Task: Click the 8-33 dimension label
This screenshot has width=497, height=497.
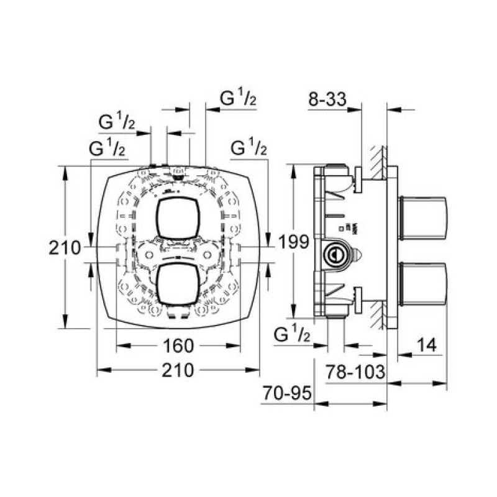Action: pyautogui.click(x=327, y=99)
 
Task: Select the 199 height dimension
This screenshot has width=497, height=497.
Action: pyautogui.click(x=294, y=242)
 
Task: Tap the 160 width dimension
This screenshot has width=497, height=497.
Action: pyautogui.click(x=179, y=345)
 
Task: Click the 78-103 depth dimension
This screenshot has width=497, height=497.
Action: pyautogui.click(x=356, y=372)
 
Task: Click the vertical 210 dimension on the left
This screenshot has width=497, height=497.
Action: pyautogui.click(x=65, y=248)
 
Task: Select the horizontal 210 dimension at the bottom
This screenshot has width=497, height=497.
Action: pyautogui.click(x=178, y=371)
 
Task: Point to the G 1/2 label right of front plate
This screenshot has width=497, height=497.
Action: pyautogui.click(x=248, y=148)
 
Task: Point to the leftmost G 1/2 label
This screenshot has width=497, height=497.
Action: pyautogui.click(x=108, y=148)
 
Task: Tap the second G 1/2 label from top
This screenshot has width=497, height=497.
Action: pyautogui.click(x=117, y=122)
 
